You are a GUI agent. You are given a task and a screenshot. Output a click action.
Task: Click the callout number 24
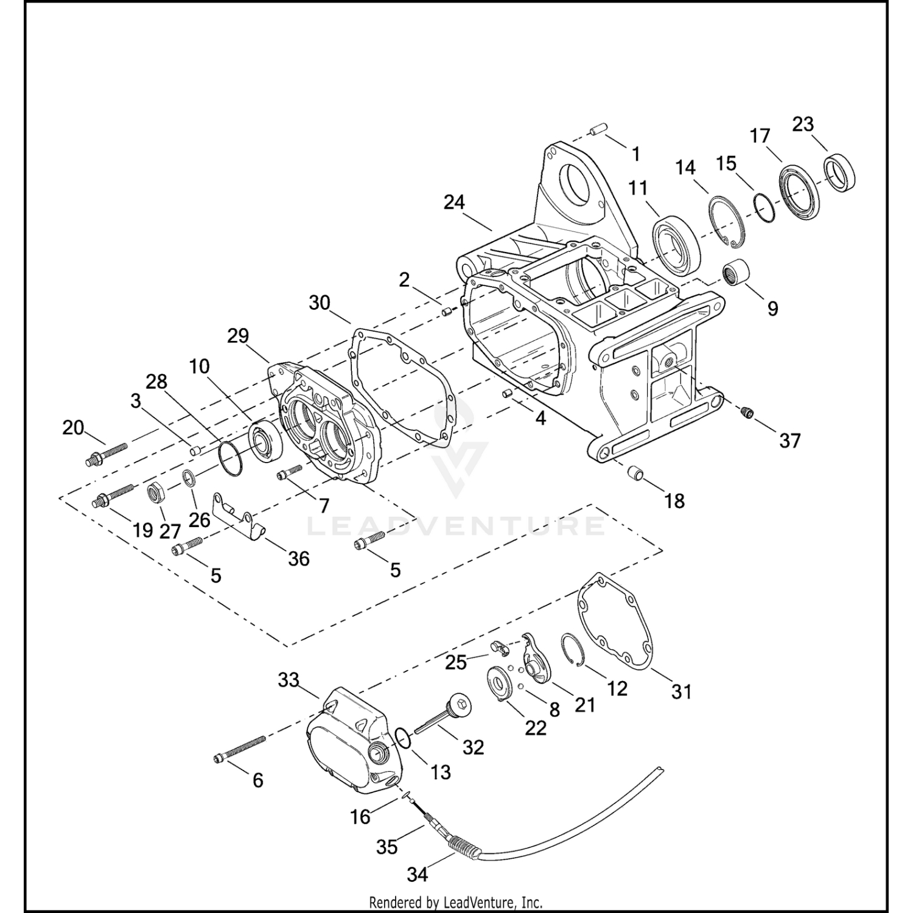tap(454, 202)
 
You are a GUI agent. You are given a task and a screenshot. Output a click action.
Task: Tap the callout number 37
tap(790, 440)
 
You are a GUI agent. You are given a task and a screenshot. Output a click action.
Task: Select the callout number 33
tap(289, 679)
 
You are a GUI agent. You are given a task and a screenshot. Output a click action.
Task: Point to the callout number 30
tap(320, 302)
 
